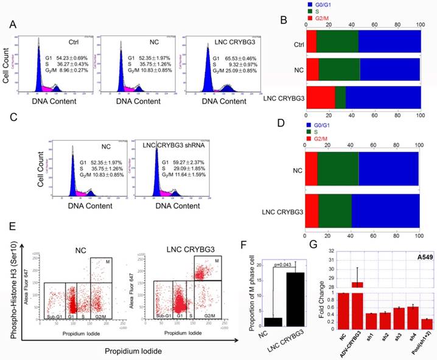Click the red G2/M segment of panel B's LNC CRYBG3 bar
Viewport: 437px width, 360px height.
click(321, 98)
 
